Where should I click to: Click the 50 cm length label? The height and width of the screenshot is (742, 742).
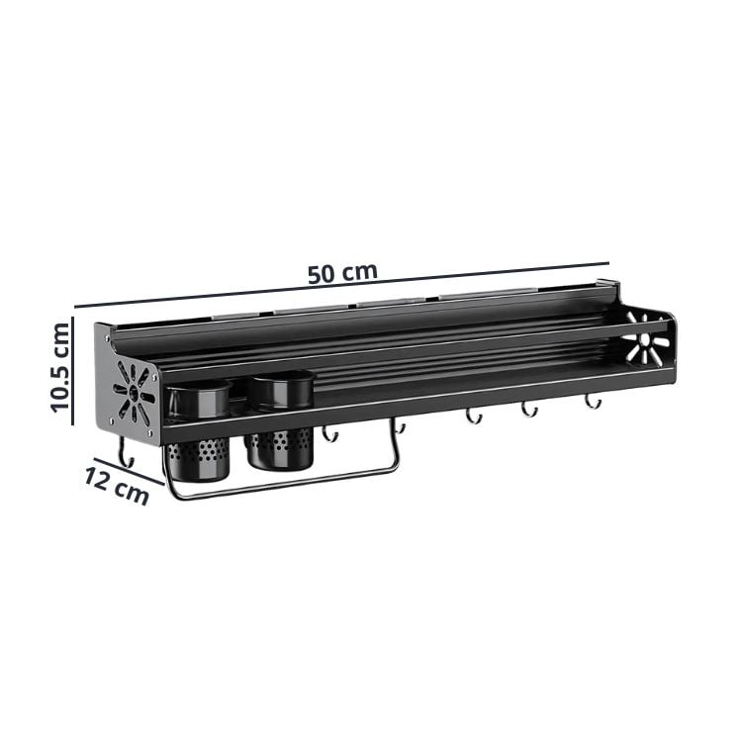click(x=342, y=273)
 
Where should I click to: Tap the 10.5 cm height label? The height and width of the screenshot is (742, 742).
click(x=60, y=368)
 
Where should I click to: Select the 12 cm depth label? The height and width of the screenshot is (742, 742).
click(x=117, y=485)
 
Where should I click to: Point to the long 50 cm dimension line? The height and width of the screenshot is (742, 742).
click(x=341, y=285)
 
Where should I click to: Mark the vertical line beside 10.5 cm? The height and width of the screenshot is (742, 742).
click(x=72, y=370)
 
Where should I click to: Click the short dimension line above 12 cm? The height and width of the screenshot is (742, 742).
click(x=129, y=471)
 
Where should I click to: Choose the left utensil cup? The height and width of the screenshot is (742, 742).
click(x=198, y=430)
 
